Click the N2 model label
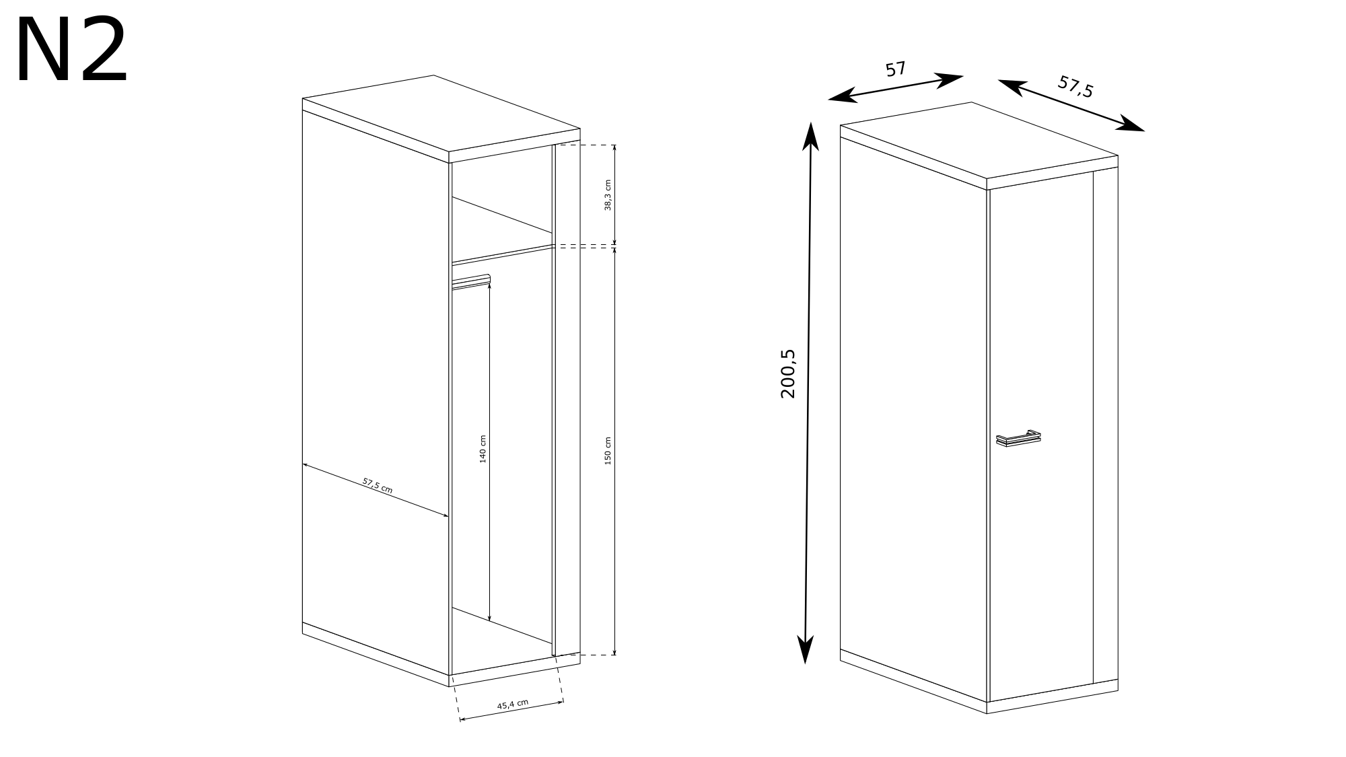[71, 50]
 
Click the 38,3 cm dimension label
[608, 195]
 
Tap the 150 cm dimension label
[608, 450]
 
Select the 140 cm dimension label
[483, 449]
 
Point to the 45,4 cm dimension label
[513, 705]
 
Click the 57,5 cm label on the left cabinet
[378, 485]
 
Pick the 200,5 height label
[788, 374]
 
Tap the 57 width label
[896, 69]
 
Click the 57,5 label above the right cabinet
[1075, 87]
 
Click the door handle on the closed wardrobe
[1018, 438]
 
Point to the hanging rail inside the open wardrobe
[471, 281]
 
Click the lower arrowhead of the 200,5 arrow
[805, 650]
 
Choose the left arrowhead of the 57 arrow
[841, 97]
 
